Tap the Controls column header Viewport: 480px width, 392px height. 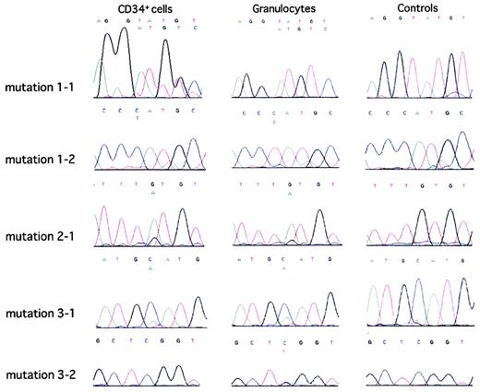click(410, 8)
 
